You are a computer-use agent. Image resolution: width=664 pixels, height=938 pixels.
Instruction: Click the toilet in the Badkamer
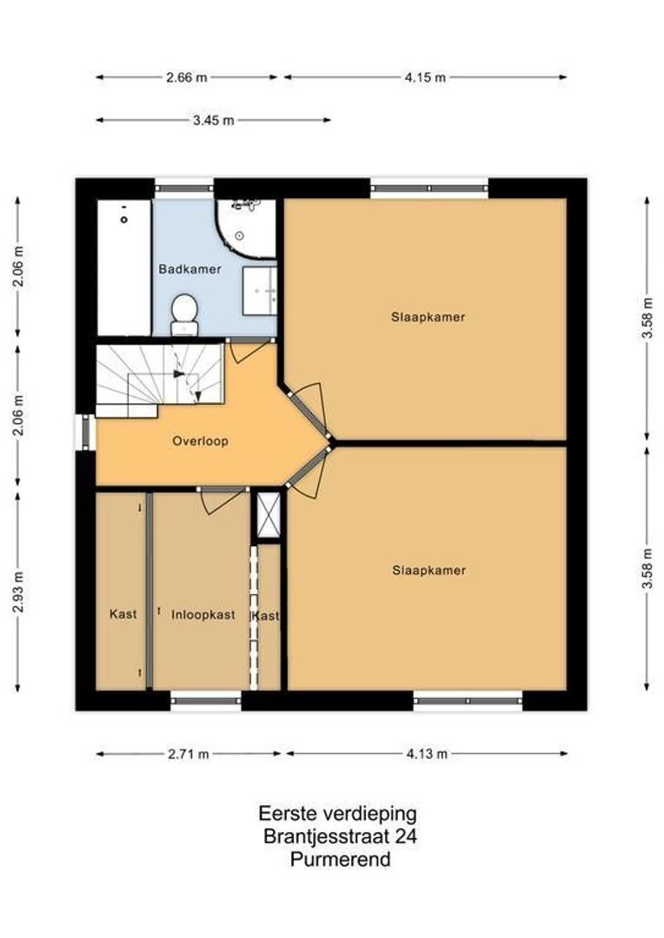183,313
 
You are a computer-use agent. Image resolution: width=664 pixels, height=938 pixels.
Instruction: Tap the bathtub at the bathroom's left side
123,268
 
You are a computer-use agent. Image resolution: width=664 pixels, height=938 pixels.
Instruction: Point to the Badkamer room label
189,269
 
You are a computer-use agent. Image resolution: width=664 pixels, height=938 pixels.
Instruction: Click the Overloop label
200,441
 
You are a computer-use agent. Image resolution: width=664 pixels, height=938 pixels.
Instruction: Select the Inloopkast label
203,615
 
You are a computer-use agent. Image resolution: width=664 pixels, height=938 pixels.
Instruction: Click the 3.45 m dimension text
213,121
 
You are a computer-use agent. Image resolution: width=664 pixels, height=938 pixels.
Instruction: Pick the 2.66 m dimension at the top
187,77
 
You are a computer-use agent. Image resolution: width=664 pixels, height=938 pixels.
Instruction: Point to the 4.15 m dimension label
425,77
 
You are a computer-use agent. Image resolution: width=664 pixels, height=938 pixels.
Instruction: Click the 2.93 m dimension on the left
18,592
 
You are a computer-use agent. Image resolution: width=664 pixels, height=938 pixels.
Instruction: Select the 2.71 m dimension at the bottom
188,754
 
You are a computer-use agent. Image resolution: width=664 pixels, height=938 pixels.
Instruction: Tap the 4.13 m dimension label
426,754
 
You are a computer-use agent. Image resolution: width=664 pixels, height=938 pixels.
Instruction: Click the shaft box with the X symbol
267,516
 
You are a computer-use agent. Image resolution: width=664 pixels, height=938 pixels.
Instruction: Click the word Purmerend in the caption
340,860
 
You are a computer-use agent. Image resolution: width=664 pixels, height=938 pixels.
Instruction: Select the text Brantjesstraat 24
340,837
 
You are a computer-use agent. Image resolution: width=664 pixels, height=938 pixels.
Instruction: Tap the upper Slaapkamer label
428,317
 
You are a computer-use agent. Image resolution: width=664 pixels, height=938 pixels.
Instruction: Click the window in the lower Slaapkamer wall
468,700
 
